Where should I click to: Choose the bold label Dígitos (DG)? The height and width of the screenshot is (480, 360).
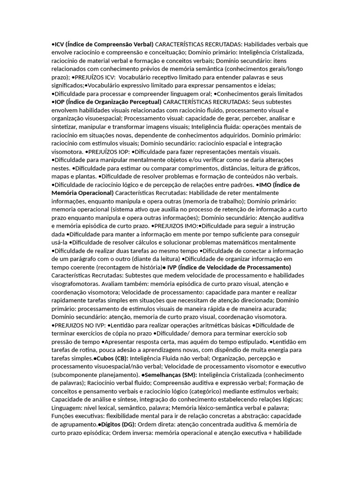[x=118, y=425]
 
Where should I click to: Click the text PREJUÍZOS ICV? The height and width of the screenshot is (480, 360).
[x=95, y=77]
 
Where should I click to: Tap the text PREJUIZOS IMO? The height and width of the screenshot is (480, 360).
[x=175, y=226]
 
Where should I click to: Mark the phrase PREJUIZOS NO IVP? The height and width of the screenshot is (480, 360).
[x=80, y=325]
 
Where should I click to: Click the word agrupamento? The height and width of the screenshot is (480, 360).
[x=77, y=425]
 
